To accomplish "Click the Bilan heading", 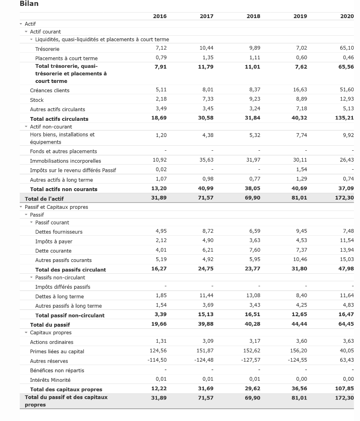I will [x=29, y=4].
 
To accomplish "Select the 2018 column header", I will [x=254, y=16].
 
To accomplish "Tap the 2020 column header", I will [x=347, y=16].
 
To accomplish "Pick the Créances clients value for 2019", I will [x=300, y=90].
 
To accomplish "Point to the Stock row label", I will [x=37, y=100].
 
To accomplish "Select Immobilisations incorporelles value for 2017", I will [x=206, y=160].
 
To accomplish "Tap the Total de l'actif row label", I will [x=44, y=199].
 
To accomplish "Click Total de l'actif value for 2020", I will [x=345, y=197].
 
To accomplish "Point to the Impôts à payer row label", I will [x=53, y=241].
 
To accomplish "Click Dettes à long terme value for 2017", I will [x=206, y=296].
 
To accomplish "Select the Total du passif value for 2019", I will [x=299, y=324].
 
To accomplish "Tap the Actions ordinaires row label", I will [x=51, y=342].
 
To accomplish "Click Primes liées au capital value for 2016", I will [x=158, y=351].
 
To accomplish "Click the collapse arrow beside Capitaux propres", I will [x=26, y=333].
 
